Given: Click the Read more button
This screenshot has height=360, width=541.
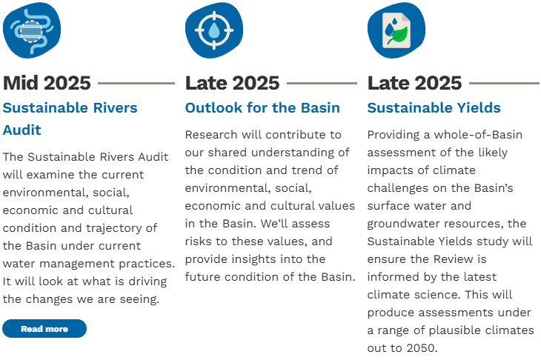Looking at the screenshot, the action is pyautogui.click(x=44, y=329).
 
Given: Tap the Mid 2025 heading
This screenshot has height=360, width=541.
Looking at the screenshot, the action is pyautogui.click(x=47, y=83).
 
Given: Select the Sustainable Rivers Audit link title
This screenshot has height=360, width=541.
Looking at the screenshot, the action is pyautogui.click(x=70, y=119).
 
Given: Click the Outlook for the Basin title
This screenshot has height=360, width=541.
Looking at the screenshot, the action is pyautogui.click(x=262, y=107).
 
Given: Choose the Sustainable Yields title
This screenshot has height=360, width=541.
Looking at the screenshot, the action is pyautogui.click(x=434, y=107).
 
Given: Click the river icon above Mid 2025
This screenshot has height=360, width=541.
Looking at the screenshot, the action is pyautogui.click(x=32, y=30).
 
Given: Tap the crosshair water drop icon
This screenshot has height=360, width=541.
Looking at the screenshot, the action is pyautogui.click(x=214, y=30).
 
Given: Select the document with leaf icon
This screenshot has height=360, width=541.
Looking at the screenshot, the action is pyautogui.click(x=396, y=30).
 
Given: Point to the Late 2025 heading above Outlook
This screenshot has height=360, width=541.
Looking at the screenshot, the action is pyautogui.click(x=232, y=83).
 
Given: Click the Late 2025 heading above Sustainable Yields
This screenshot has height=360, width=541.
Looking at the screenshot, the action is pyautogui.click(x=415, y=83).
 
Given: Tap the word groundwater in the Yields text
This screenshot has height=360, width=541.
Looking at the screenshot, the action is pyautogui.click(x=399, y=224).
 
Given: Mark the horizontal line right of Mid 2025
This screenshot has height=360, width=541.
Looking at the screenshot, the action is pyautogui.click(x=136, y=83).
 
